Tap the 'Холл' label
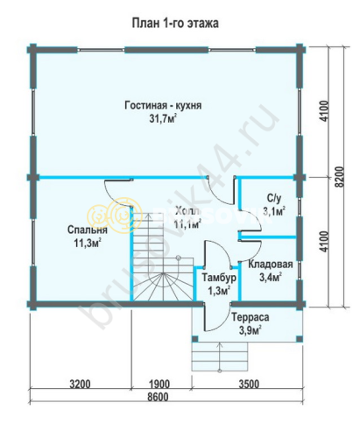tap(187, 212)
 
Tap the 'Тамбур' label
tap(216, 278)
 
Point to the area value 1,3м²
tap(217, 290)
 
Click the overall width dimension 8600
tap(159, 398)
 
